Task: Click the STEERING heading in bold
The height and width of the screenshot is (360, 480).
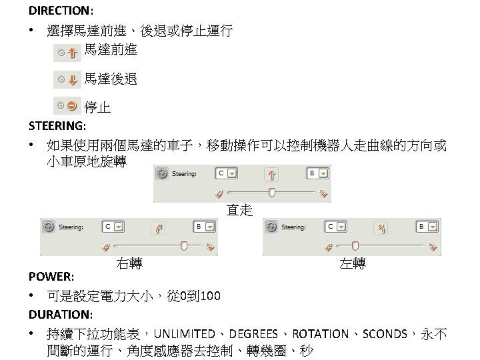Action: [x=57, y=125]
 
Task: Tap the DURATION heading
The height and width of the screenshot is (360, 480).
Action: [x=61, y=314]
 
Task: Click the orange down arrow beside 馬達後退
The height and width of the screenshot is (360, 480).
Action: [x=71, y=80]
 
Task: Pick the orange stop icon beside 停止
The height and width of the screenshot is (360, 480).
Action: [x=71, y=105]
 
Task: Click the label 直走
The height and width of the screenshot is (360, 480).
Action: [x=239, y=211]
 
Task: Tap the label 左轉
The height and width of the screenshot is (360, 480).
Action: [x=352, y=263]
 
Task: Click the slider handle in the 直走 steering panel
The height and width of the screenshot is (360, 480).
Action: [x=271, y=192]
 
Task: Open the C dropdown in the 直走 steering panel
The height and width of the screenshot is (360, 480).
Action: [x=232, y=173]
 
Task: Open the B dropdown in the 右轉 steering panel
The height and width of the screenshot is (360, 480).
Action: [x=209, y=227]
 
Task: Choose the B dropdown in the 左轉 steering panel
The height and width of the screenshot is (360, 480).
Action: [x=432, y=227]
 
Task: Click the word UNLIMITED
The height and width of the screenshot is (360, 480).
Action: [x=188, y=333]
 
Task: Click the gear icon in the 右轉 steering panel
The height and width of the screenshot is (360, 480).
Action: [x=48, y=227]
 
